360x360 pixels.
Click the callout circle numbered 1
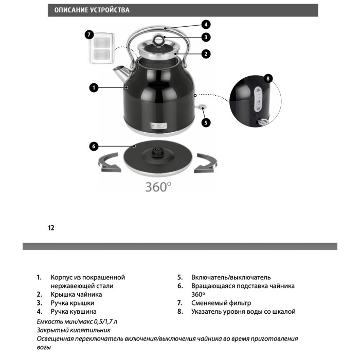click(x=94, y=88)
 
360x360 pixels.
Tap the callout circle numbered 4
click(x=206, y=24)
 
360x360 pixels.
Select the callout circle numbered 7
click(x=89, y=35)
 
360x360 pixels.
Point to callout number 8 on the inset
click(x=268, y=79)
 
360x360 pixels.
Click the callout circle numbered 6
click(x=94, y=147)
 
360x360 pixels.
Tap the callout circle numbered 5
click(x=206, y=122)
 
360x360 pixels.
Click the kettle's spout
click(x=121, y=73)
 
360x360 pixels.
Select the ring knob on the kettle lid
click(x=158, y=40)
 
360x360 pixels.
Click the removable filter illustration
click(x=102, y=48)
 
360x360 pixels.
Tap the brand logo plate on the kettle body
click(x=159, y=126)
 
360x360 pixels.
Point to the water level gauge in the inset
click(x=258, y=99)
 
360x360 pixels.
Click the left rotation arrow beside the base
click(x=109, y=163)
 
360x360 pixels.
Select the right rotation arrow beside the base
click(x=206, y=163)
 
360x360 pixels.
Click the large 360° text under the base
click(x=158, y=187)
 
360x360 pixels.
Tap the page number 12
click(x=51, y=228)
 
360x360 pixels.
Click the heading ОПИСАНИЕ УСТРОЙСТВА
click(x=92, y=10)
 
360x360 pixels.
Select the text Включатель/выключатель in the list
click(x=231, y=277)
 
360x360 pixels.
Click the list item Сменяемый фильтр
click(x=221, y=303)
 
